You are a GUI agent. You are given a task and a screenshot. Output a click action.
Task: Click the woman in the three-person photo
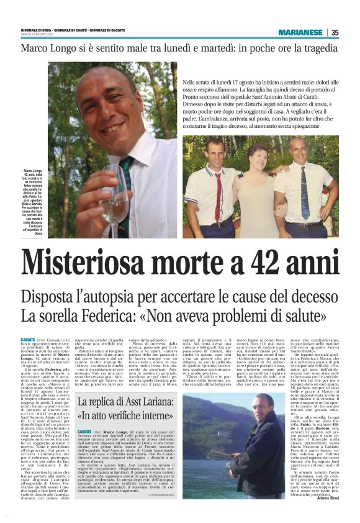[257, 186]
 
